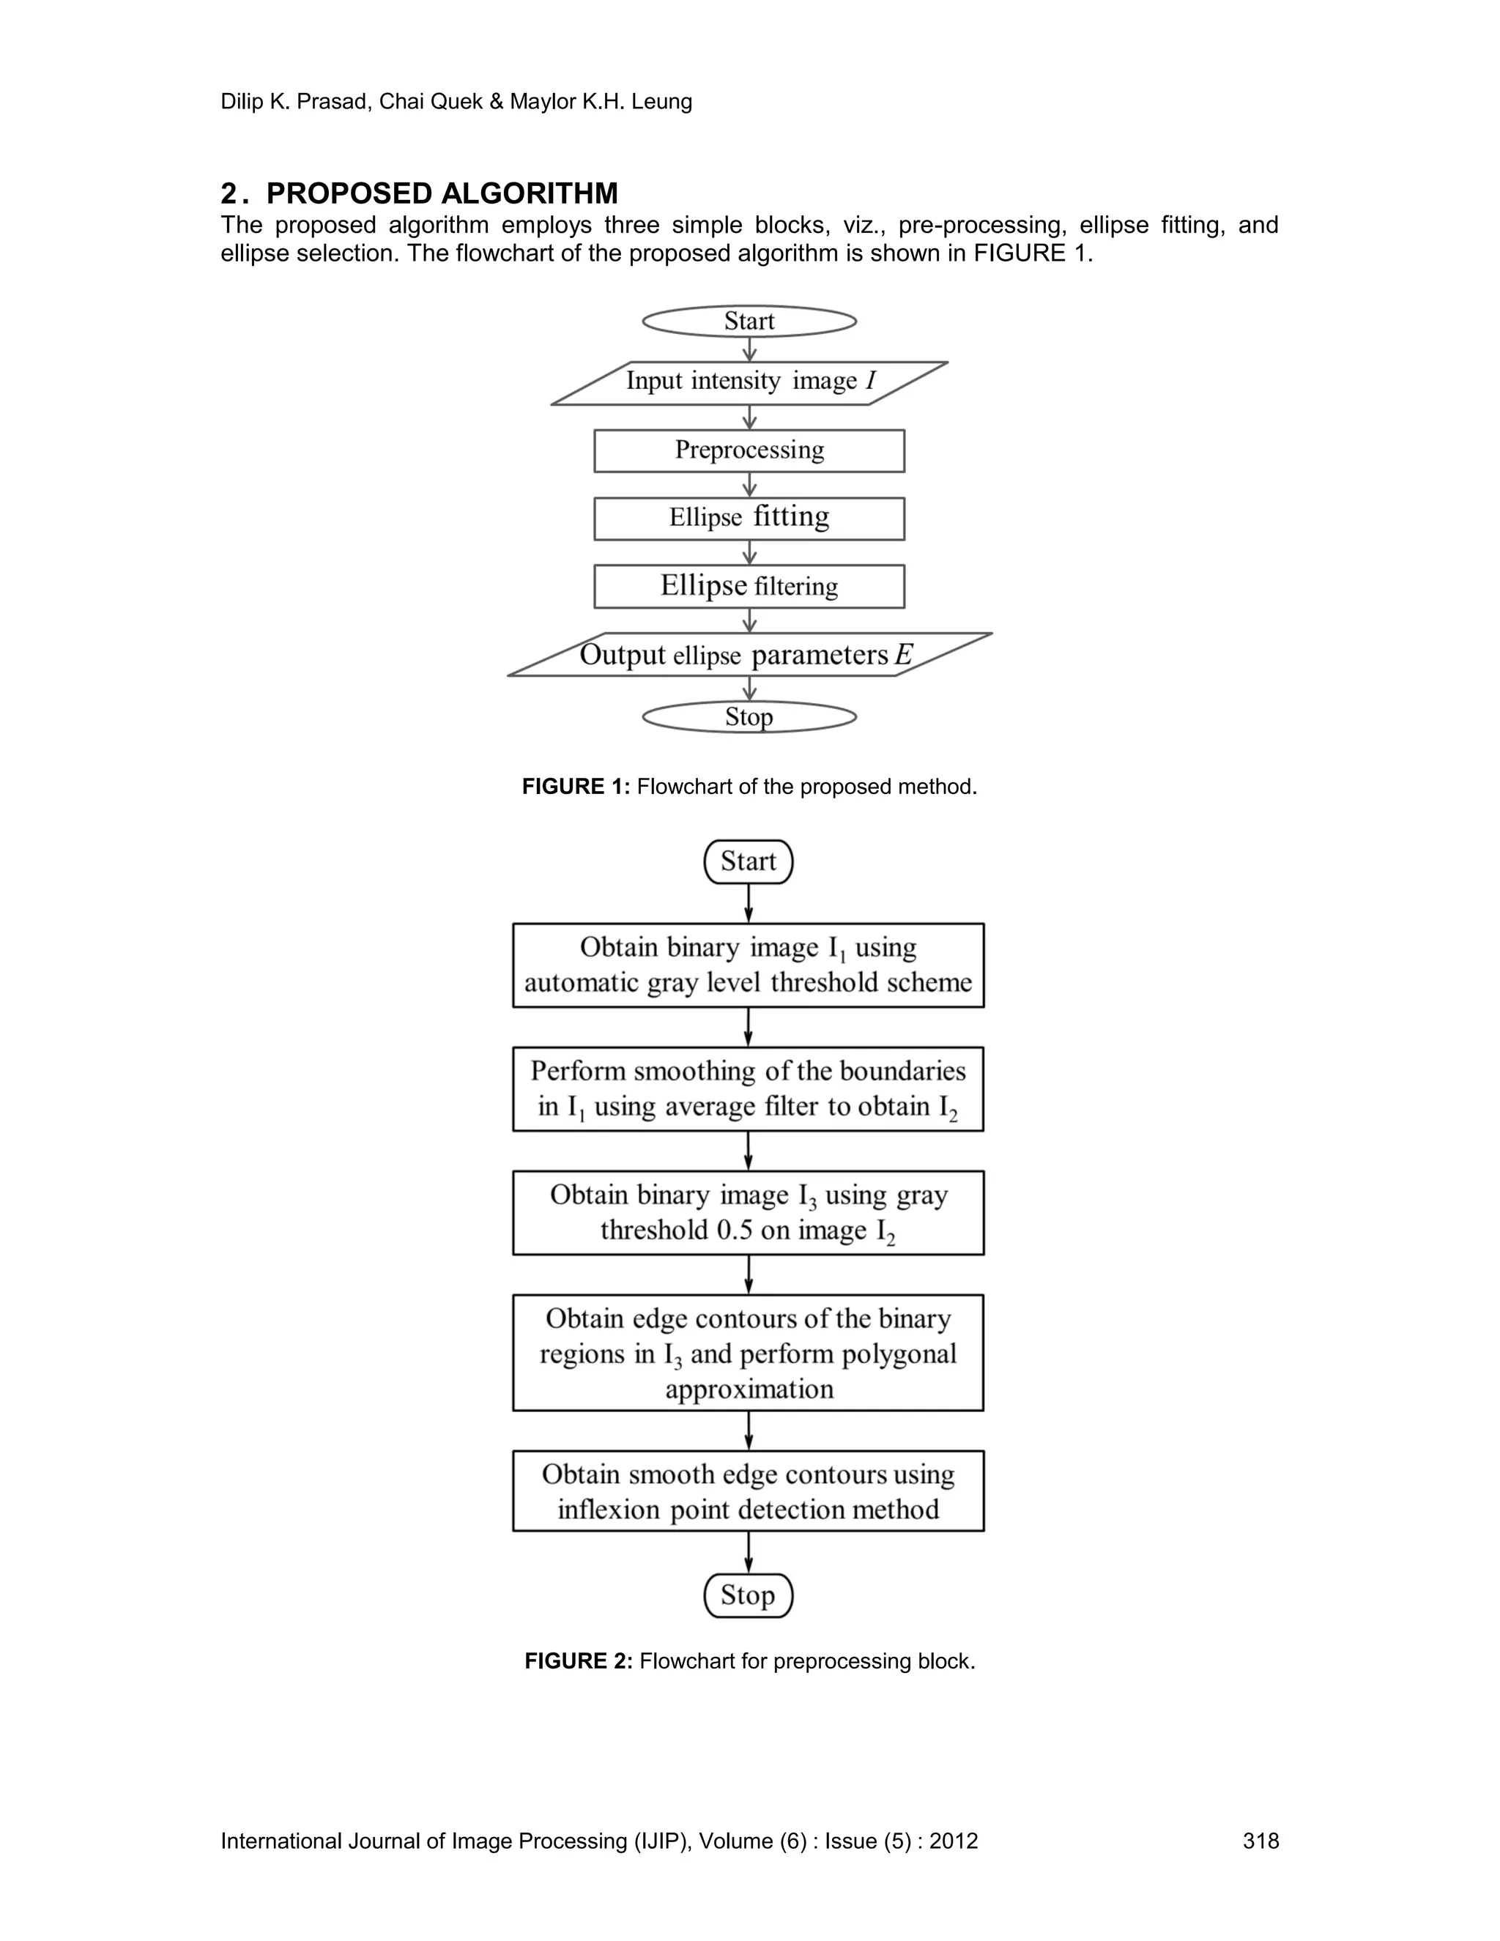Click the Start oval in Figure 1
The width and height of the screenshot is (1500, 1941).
pos(749,321)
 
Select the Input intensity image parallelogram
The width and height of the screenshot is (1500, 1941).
pos(749,383)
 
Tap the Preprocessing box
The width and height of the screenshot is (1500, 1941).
pos(749,450)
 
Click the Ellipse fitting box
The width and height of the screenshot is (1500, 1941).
pos(749,518)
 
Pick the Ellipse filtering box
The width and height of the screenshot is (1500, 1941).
pos(749,587)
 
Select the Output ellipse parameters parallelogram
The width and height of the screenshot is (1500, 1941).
pos(749,655)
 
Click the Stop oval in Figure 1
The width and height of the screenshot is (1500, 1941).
pos(749,717)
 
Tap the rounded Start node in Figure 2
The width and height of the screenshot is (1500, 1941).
pos(749,862)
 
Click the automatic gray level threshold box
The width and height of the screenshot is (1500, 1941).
pos(749,965)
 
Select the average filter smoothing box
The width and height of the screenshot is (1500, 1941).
pos(749,1088)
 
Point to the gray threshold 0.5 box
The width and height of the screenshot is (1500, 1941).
pos(749,1212)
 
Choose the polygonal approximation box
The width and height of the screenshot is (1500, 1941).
pos(749,1353)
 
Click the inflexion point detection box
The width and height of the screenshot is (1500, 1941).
pos(749,1491)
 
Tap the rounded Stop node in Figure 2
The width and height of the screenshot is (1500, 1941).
pos(749,1595)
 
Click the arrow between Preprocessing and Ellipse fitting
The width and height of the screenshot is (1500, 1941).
pos(749,485)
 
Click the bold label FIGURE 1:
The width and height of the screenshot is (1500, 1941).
pos(576,787)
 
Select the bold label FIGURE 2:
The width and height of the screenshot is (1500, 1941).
pos(579,1661)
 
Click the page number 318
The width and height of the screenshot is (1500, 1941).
pos(1260,1841)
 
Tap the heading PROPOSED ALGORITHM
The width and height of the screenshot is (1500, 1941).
pos(442,194)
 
